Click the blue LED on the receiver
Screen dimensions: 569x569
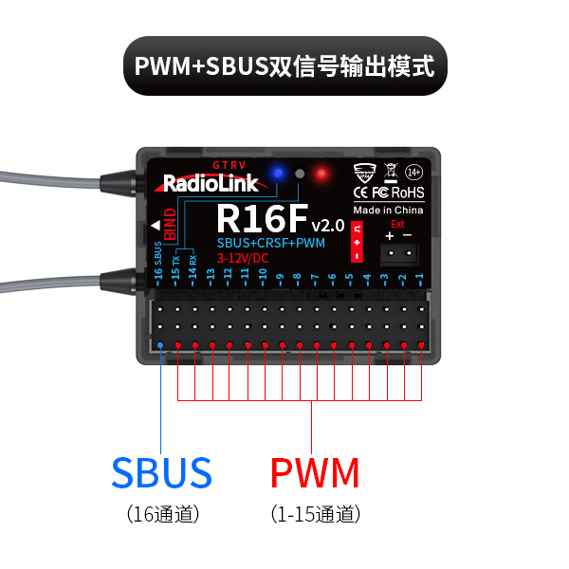click(x=279, y=172)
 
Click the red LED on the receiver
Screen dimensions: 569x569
click(x=321, y=174)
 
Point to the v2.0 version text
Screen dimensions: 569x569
click(x=328, y=225)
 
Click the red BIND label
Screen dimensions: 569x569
click(x=170, y=225)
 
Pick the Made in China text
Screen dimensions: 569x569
click(x=389, y=210)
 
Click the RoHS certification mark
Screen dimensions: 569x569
click(x=408, y=193)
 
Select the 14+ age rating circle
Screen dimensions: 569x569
click(x=413, y=173)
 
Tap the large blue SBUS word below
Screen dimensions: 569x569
click(x=161, y=472)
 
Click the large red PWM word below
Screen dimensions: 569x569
click(x=315, y=472)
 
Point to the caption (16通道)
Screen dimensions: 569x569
click(x=161, y=515)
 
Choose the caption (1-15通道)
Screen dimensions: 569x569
click(x=315, y=515)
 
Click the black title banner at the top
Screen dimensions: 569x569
click(x=284, y=66)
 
